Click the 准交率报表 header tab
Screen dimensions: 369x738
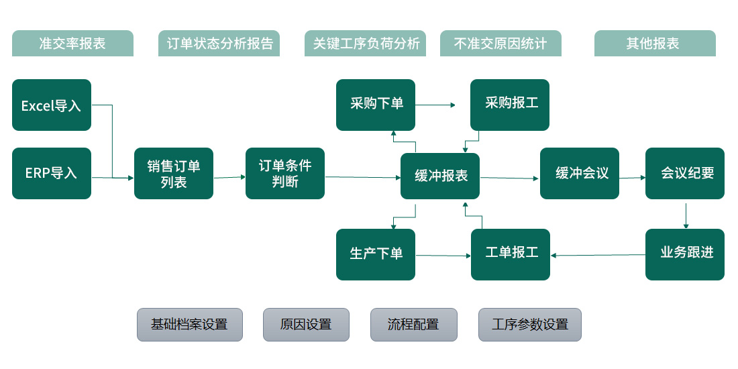(72, 44)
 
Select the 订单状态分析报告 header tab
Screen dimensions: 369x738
(219, 44)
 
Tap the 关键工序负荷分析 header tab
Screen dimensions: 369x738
(366, 44)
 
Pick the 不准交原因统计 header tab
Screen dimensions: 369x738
(500, 44)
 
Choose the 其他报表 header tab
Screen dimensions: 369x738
(655, 44)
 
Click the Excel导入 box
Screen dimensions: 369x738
(52, 105)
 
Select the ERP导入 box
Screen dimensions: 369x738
(52, 173)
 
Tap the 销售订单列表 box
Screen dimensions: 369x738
(174, 174)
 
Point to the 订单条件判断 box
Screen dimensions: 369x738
(285, 174)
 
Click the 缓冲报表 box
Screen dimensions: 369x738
(440, 176)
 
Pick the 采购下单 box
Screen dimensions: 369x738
(376, 105)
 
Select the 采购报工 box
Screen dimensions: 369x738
(510, 105)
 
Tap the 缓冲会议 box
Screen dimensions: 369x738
(580, 174)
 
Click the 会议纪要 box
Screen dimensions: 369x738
(685, 174)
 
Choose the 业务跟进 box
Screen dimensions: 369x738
(685, 254)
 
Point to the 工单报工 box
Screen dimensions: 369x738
(511, 254)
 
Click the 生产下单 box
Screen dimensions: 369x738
(376, 254)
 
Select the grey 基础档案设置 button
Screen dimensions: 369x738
(190, 325)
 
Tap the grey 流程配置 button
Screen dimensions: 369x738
(414, 325)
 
